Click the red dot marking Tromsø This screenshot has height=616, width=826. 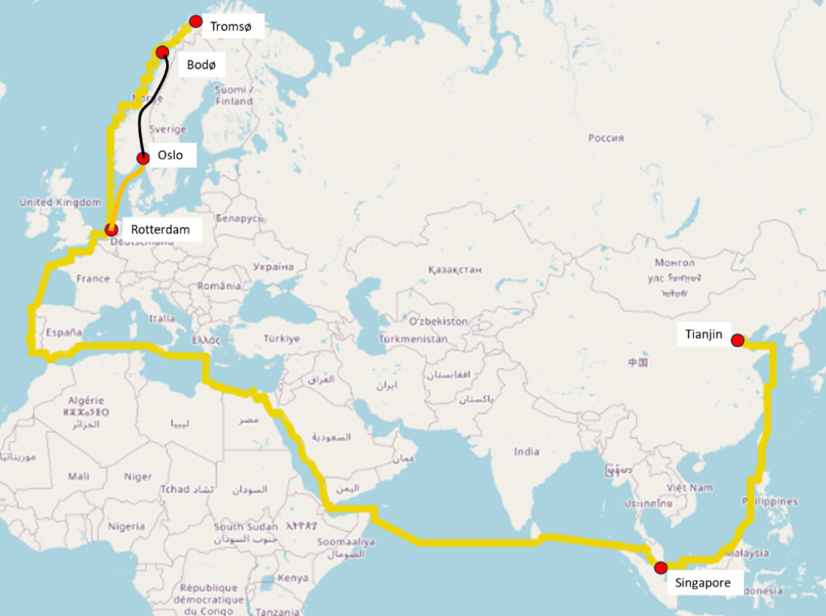click(196, 21)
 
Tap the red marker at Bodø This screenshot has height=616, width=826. click(162, 52)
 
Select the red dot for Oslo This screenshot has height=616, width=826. click(143, 157)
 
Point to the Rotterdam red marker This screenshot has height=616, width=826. click(112, 229)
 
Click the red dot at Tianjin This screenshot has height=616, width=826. click(737, 340)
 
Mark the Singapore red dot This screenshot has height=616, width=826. click(661, 567)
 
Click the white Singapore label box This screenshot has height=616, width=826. click(703, 583)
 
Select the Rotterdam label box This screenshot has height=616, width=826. click(160, 229)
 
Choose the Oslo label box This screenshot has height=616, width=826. click(171, 155)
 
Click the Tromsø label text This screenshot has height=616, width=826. click(231, 27)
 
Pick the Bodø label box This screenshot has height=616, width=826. click(201, 65)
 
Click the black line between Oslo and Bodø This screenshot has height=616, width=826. click(140, 118)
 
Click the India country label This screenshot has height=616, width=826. click(527, 451)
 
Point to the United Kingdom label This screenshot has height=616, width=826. click(60, 202)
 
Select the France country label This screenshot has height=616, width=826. click(92, 278)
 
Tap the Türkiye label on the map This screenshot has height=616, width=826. click(281, 338)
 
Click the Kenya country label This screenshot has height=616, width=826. click(294, 578)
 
